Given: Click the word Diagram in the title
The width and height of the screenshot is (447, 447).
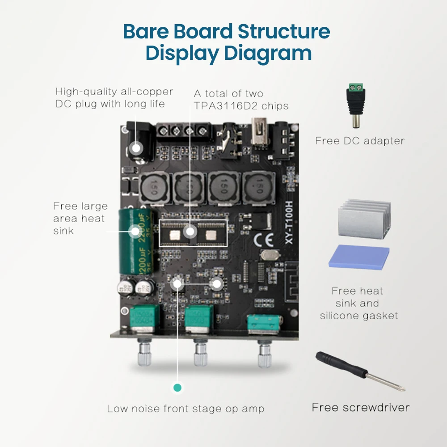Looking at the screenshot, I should (267, 53).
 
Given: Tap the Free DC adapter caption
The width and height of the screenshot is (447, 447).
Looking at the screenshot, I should (359, 141).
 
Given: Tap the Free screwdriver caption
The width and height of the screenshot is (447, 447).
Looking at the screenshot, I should (360, 407).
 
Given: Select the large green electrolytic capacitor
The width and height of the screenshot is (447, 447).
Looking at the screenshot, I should (136, 242).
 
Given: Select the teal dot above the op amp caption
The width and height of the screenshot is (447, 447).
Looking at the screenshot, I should (177, 388).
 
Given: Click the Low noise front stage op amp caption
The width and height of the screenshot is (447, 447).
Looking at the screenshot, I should (185, 409).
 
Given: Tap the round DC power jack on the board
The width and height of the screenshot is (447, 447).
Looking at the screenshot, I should (136, 147).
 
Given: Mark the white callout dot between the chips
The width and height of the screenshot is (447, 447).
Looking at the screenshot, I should (191, 232).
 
